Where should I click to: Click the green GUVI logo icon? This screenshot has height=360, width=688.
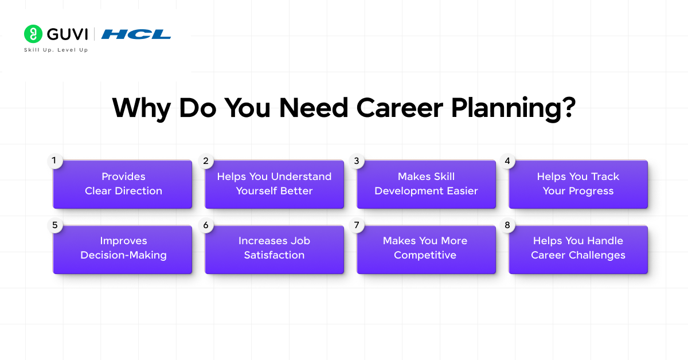(x=33, y=34)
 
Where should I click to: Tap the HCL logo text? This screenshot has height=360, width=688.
(x=136, y=34)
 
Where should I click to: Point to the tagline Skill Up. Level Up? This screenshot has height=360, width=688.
(x=56, y=50)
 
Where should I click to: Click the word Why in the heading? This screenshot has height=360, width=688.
(x=141, y=108)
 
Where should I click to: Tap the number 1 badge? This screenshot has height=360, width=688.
(x=54, y=161)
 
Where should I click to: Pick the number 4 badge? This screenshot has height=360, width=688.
(x=507, y=161)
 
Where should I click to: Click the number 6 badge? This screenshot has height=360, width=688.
(x=206, y=225)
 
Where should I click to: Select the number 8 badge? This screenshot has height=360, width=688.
(x=507, y=225)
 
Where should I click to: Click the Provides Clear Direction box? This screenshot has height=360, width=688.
(x=123, y=184)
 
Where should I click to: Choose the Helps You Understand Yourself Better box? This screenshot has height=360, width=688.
(x=274, y=184)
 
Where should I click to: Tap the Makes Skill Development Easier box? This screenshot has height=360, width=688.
(x=426, y=184)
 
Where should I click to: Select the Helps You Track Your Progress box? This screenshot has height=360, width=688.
(x=578, y=184)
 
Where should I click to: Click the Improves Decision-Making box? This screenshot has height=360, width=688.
(x=123, y=249)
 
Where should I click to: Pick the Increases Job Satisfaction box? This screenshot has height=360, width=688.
(x=274, y=249)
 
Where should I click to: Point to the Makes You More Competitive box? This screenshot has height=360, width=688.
(x=426, y=249)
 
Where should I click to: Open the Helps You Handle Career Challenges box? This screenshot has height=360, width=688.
(x=578, y=249)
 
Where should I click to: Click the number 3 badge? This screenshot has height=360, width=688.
(x=357, y=161)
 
